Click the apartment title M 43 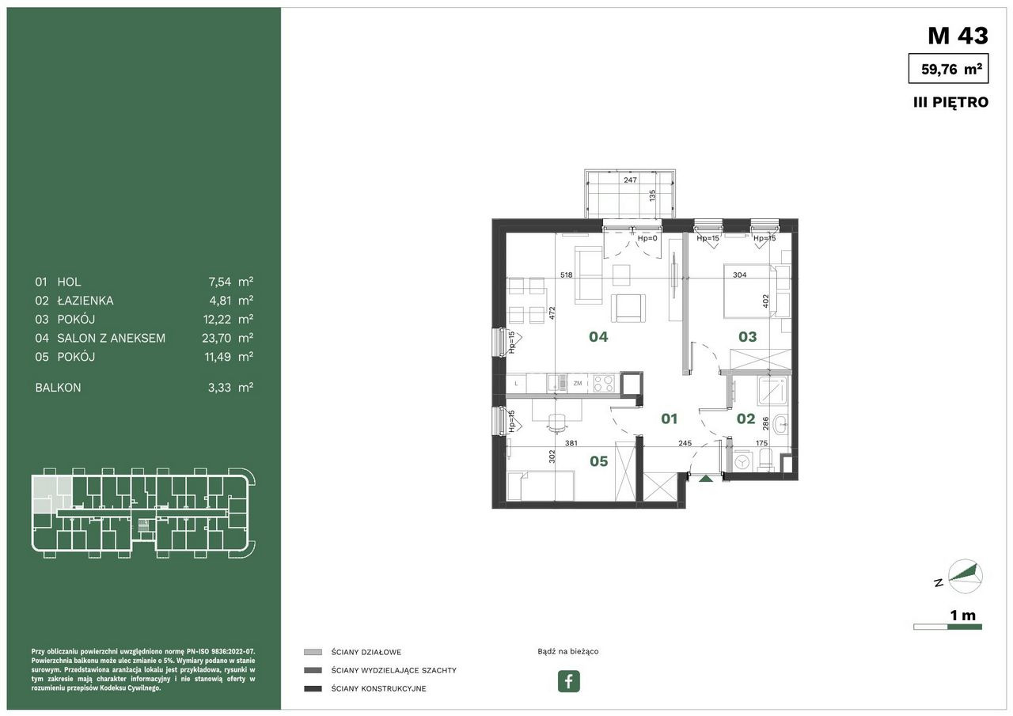pyautogui.click(x=958, y=36)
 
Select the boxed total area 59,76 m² pyautogui.click(x=948, y=68)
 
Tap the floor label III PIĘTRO pyautogui.click(x=950, y=102)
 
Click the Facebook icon pyautogui.click(x=568, y=680)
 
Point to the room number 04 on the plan pyautogui.click(x=598, y=337)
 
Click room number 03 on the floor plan pyautogui.click(x=748, y=337)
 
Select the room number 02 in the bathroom pyautogui.click(x=746, y=419)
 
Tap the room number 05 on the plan pyautogui.click(x=599, y=461)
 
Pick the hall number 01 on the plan pyautogui.click(x=669, y=419)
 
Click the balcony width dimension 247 pyautogui.click(x=631, y=180)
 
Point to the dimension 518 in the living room pyautogui.click(x=566, y=275)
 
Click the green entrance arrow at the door pyautogui.click(x=705, y=478)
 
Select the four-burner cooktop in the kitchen pyautogui.click(x=604, y=383)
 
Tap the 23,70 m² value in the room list pyautogui.click(x=227, y=338)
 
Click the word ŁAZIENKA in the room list pyautogui.click(x=85, y=301)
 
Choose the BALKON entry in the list pyautogui.click(x=58, y=388)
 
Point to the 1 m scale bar pyautogui.click(x=947, y=627)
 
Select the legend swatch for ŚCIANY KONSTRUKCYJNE pyautogui.click(x=313, y=689)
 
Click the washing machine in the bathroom pyautogui.click(x=742, y=462)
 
